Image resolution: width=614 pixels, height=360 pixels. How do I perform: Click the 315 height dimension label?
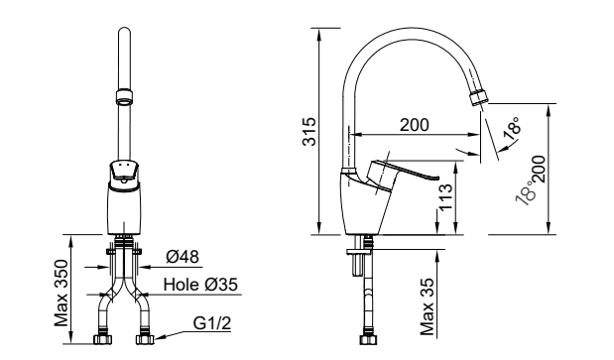309,132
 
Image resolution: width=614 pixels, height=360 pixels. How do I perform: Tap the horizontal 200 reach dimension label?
415,125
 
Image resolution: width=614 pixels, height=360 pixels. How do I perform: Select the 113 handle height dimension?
445,197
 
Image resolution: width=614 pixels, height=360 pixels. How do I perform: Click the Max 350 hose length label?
61,293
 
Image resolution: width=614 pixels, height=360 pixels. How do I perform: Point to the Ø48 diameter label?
183,257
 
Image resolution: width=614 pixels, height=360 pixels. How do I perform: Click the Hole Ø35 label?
200,285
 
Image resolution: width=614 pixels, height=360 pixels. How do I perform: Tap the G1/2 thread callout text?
212,323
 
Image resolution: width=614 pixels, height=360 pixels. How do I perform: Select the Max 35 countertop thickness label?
428,306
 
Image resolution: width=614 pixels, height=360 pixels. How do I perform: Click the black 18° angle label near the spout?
513,128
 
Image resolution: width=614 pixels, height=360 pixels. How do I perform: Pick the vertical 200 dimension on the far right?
540,169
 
